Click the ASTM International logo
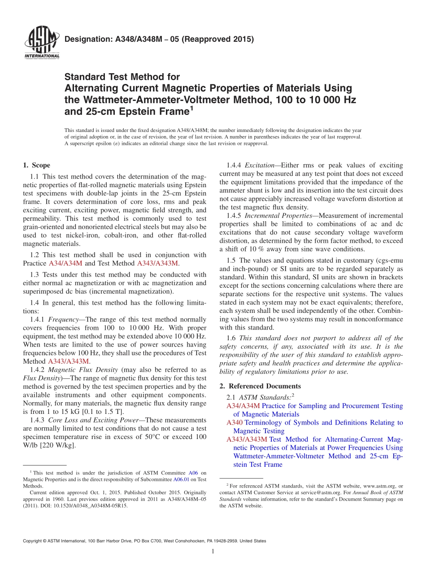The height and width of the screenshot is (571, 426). (x=41, y=43)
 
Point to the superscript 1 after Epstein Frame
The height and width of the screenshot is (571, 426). (x=191, y=108)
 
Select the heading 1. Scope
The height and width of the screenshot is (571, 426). (x=36, y=165)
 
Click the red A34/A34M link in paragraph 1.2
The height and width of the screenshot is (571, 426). (x=65, y=264)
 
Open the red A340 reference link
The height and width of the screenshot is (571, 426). (x=235, y=422)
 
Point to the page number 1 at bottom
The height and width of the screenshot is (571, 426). (x=213, y=552)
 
